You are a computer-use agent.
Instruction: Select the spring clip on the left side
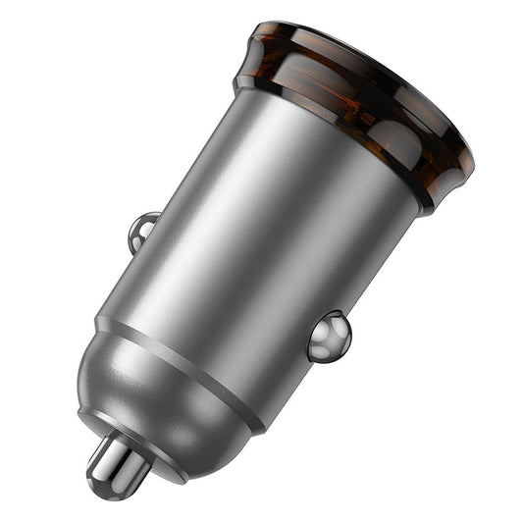[141, 232]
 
